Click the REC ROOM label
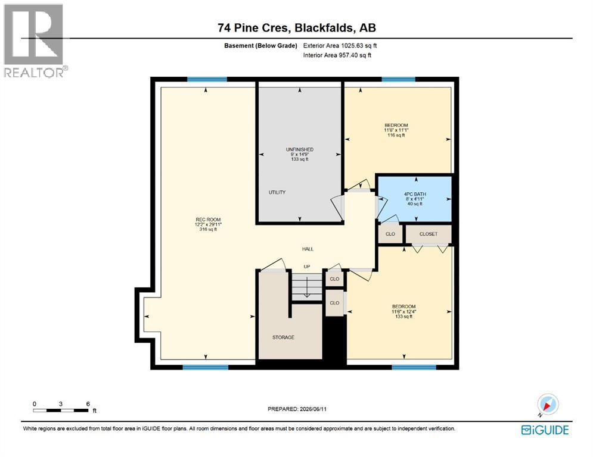(x=208, y=220)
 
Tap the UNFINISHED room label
(x=300, y=149)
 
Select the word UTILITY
(x=277, y=192)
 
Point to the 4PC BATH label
(x=415, y=194)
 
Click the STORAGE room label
(x=283, y=337)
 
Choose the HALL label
(x=308, y=249)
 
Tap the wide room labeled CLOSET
(x=428, y=234)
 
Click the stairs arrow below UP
(x=307, y=287)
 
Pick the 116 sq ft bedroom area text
(x=396, y=135)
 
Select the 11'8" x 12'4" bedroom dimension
(x=404, y=312)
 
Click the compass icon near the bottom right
(x=547, y=405)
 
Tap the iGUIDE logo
(x=545, y=430)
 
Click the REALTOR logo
(x=34, y=41)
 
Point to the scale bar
(x=61, y=410)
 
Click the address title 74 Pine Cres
(x=254, y=27)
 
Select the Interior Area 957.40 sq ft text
(x=337, y=55)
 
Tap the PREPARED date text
(x=297, y=409)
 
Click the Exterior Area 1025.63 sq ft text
(x=340, y=46)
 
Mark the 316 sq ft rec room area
(x=208, y=229)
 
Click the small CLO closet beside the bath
(x=390, y=234)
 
